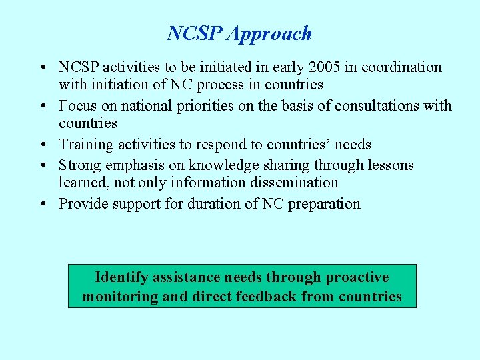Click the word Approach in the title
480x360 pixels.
[x=269, y=34]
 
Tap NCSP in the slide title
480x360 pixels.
[x=195, y=33]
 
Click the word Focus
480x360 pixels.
[x=77, y=106]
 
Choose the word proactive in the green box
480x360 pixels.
[x=357, y=277]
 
